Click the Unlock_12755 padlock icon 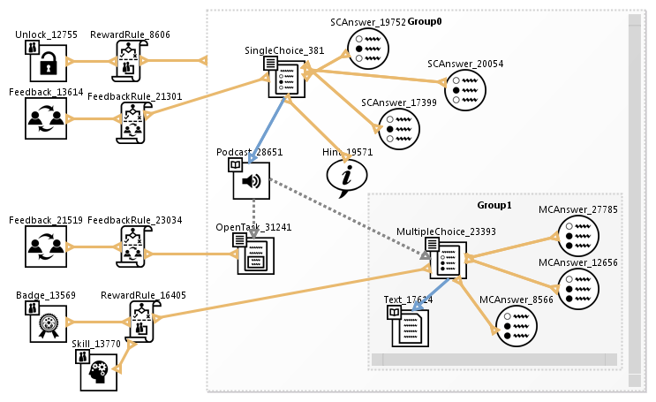tap(46, 63)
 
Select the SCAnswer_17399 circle tap(397, 129)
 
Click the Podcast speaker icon tap(251, 180)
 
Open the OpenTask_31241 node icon tap(255, 255)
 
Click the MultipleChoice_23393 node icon tap(448, 259)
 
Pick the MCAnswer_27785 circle tap(578, 236)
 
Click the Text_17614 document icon tap(410, 327)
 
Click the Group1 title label tap(494, 205)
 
